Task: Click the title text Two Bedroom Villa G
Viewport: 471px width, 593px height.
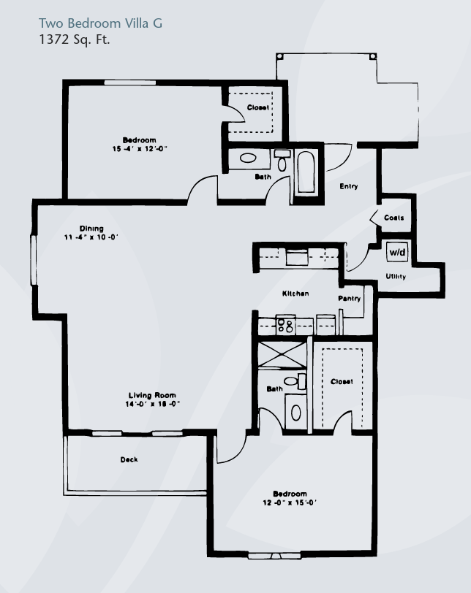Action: point(100,23)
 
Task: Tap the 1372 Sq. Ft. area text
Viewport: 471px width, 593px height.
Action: point(74,39)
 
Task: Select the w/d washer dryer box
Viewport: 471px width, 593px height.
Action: point(397,252)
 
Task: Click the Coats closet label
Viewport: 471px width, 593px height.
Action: point(393,218)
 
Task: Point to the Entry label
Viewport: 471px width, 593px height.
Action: point(348,186)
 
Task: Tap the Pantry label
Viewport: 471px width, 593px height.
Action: point(349,299)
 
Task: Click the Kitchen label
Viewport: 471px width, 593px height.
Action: point(295,294)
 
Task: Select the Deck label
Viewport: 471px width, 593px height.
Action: point(129,459)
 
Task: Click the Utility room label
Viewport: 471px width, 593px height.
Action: point(396,277)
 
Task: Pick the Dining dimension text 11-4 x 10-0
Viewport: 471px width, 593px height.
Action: point(91,237)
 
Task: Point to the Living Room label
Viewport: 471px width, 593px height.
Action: point(152,395)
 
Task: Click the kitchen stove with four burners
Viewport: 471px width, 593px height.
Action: point(285,325)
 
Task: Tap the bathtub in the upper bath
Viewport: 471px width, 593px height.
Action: point(306,172)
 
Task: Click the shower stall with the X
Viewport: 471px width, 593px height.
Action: point(282,355)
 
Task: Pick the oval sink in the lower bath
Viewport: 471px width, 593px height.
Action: point(296,413)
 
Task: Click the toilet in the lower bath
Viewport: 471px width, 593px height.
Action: point(295,380)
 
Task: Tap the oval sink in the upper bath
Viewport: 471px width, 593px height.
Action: point(248,158)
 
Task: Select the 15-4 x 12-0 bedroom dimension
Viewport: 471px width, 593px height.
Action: point(140,149)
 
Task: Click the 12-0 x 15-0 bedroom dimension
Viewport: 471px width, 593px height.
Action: point(290,502)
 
